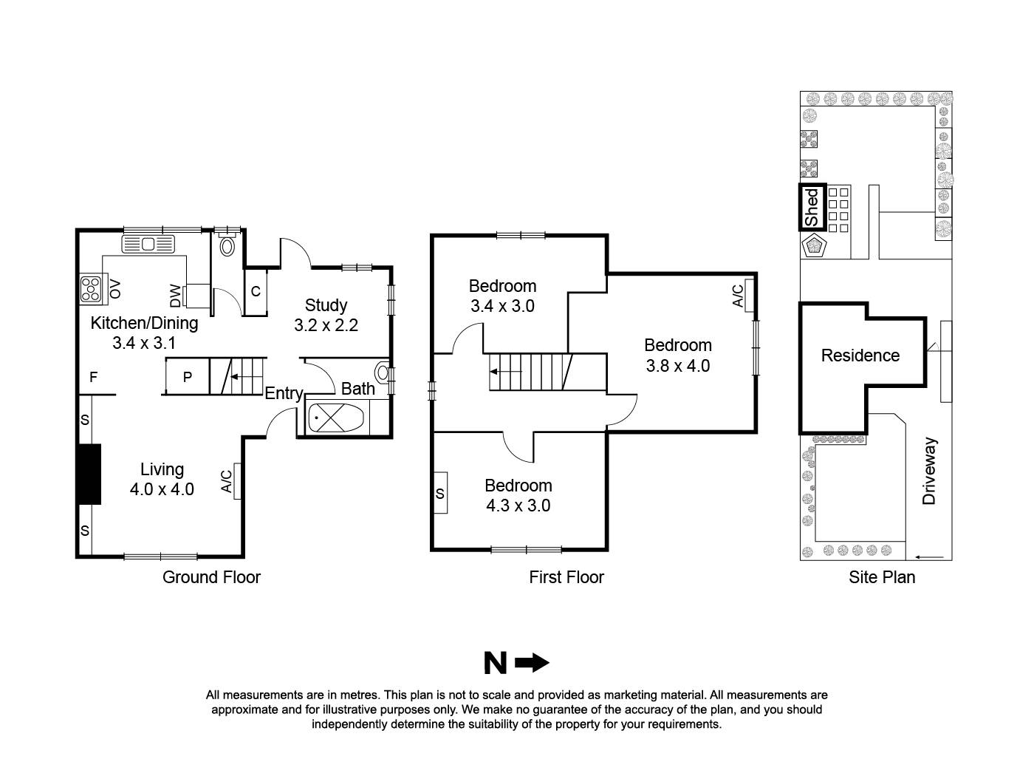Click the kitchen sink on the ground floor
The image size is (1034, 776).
(x=148, y=243)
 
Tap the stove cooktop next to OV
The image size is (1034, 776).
(x=92, y=289)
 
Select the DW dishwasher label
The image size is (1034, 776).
(x=175, y=296)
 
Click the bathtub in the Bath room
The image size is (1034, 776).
(x=335, y=419)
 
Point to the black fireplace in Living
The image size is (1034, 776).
(x=89, y=474)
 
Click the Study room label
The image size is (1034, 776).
(x=326, y=305)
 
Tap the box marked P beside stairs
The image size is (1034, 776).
(x=187, y=377)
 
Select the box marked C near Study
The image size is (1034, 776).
(x=256, y=292)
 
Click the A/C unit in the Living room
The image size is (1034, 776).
(x=237, y=481)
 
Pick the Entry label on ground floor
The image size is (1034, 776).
(x=284, y=393)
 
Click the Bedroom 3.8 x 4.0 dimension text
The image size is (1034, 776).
(x=677, y=365)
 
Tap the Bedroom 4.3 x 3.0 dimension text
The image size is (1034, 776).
(x=518, y=506)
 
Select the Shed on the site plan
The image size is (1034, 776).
(x=812, y=207)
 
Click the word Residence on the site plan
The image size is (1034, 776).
(x=860, y=355)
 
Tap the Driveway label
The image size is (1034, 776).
(x=929, y=471)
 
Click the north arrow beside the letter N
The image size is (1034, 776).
(x=532, y=664)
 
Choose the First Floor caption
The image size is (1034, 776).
(x=566, y=577)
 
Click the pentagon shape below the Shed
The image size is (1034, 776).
(x=815, y=245)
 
